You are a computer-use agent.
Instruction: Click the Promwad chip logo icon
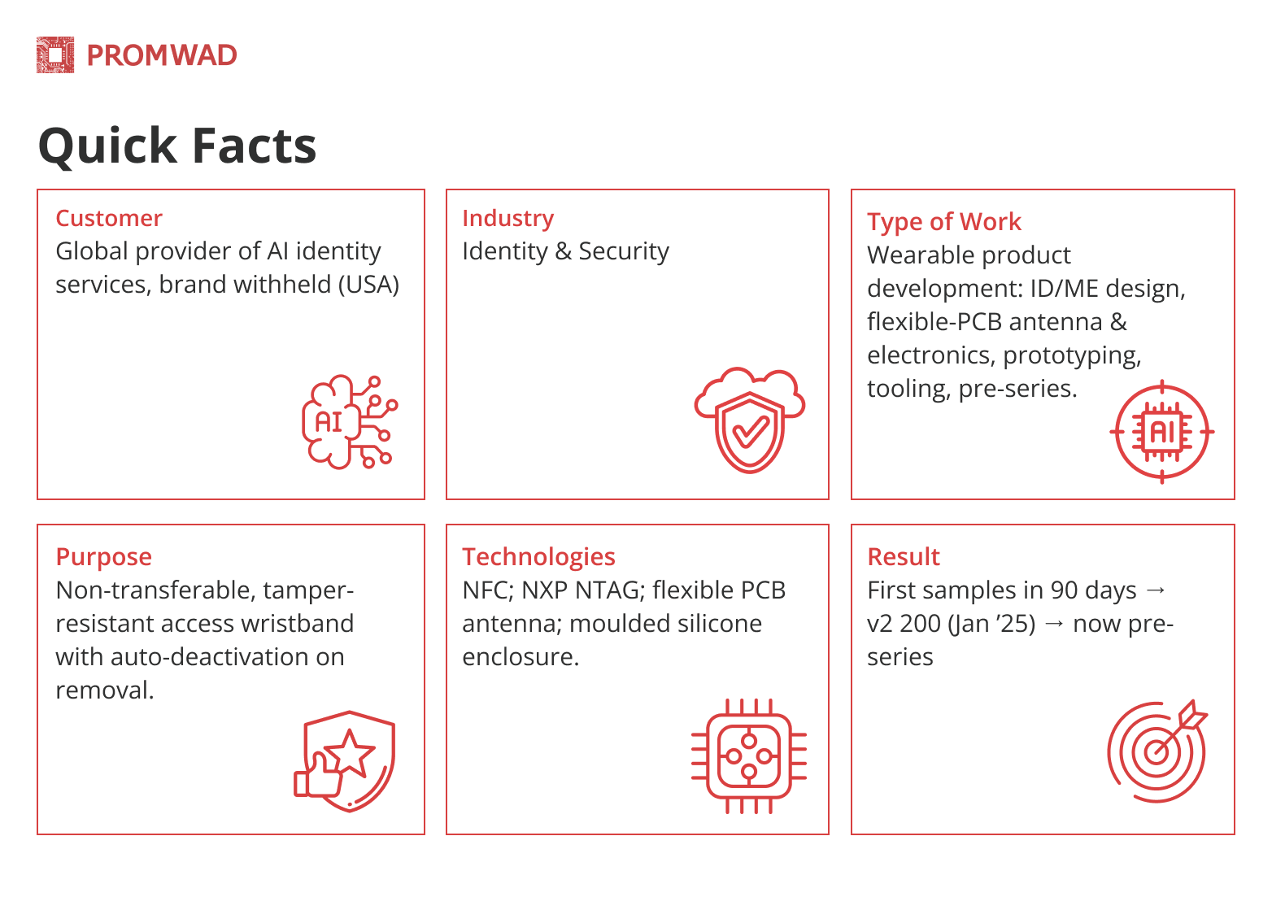(55, 55)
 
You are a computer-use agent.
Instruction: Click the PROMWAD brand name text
(162, 55)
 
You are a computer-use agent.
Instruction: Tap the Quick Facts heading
(177, 147)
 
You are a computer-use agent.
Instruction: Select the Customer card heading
(109, 218)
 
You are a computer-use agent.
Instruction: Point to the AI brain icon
(350, 422)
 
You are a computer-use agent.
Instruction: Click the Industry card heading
(508, 219)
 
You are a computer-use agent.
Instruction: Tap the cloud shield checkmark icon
(750, 420)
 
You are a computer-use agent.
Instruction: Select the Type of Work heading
(944, 222)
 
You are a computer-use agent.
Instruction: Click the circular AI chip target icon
(1161, 432)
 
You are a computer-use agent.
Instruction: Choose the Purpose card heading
(104, 557)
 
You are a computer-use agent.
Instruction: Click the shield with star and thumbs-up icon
(344, 761)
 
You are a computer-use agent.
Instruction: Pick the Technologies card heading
(538, 557)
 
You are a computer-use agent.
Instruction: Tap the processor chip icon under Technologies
(748, 756)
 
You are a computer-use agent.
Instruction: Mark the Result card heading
(904, 556)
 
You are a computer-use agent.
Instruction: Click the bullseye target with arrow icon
(1157, 751)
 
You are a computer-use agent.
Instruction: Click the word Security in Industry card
(624, 251)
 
